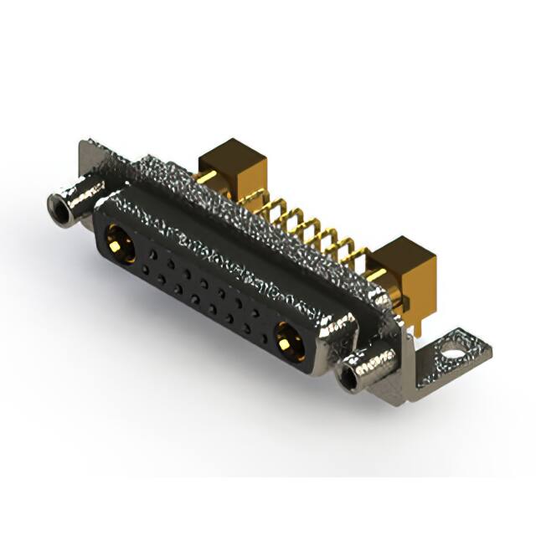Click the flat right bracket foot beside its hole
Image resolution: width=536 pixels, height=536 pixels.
point(473,352)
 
